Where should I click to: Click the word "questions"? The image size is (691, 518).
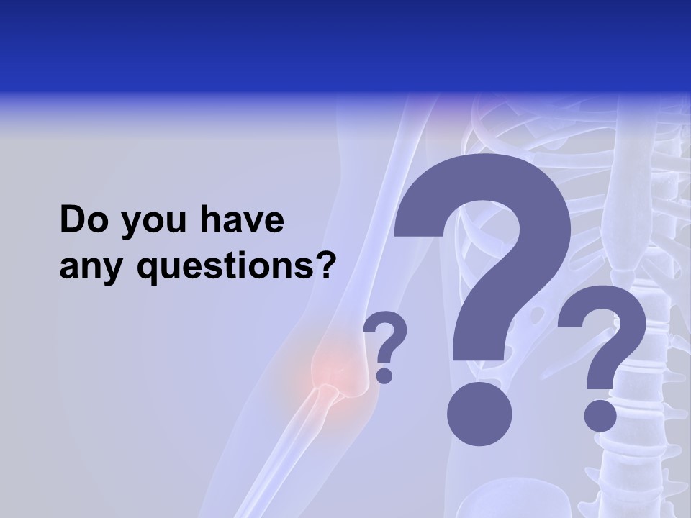[225, 268]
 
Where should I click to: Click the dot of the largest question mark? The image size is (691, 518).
[479, 414]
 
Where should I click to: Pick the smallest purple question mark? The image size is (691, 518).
[385, 345]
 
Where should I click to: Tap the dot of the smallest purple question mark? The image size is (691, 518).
[385, 375]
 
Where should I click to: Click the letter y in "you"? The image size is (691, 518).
[132, 224]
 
